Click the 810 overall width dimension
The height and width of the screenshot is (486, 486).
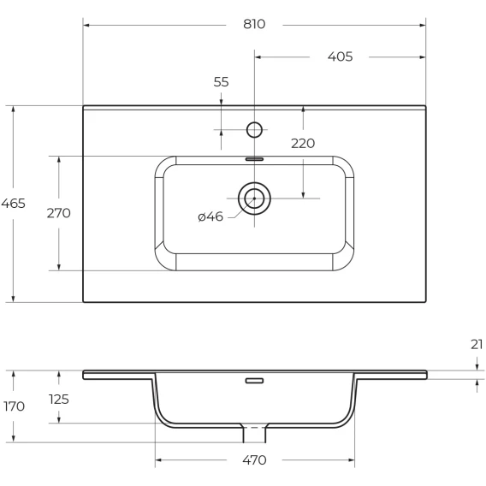tap(254, 24)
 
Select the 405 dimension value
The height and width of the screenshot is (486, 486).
tap(340, 56)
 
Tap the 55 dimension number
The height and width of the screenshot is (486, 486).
tap(221, 82)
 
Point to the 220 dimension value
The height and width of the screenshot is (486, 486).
tap(303, 144)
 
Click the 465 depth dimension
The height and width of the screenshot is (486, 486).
tap(13, 204)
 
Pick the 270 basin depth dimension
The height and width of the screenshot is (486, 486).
tap(58, 213)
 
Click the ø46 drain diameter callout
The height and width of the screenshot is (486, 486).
tap(210, 216)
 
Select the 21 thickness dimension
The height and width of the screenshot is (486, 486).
tap(477, 344)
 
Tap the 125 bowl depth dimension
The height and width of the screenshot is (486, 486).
tap(58, 400)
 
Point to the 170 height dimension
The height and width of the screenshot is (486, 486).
tap(14, 406)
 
